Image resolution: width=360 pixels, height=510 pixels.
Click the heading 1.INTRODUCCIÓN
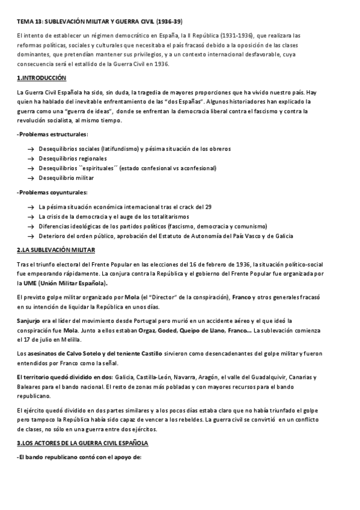(x=41, y=78)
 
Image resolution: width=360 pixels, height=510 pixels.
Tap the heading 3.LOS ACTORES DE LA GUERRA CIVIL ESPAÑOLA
(x=82, y=443)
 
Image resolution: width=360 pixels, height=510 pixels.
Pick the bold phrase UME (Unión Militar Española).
(x=63, y=283)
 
